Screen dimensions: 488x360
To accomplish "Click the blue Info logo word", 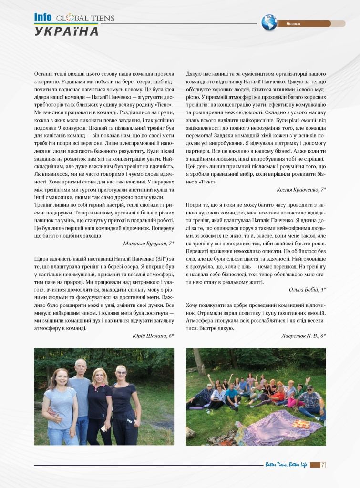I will [x=43, y=17].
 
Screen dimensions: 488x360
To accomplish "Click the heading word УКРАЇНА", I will [x=67, y=31].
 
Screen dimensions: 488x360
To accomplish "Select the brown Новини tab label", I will [x=294, y=24].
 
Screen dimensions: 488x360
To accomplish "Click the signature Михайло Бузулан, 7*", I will [x=148, y=244].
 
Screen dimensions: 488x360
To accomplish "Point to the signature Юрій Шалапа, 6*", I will [x=153, y=335].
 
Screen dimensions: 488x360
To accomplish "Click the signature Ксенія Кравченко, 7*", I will [x=301, y=190].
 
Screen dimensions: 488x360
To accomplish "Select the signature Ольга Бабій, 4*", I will [x=308, y=289].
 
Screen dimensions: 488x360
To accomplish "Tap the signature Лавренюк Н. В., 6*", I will [x=304, y=335].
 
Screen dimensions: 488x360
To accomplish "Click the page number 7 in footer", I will [x=323, y=465].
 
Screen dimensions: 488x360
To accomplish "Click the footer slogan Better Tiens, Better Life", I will [x=285, y=465].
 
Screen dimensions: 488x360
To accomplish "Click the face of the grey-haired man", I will [x=81, y=367].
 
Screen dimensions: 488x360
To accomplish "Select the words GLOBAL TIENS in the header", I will [x=85, y=18].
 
